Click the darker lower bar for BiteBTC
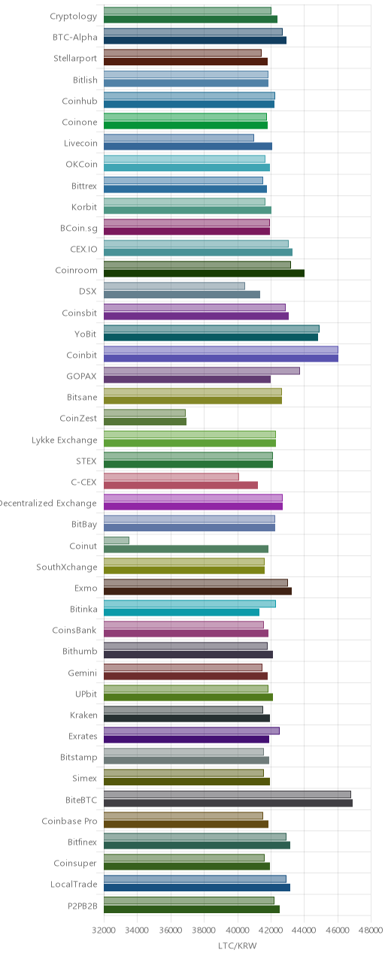pyautogui.click(x=228, y=803)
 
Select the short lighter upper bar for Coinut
pyautogui.click(x=116, y=540)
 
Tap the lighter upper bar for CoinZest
pyautogui.click(x=144, y=413)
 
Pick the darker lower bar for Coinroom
pyautogui.click(x=204, y=273)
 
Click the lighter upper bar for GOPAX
pyautogui.click(x=202, y=371)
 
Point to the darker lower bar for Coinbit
pyautogui.click(x=221, y=358)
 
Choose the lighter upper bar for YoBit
pyautogui.click(x=211, y=328)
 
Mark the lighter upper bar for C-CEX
pyautogui.click(x=171, y=476)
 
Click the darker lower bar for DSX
pyautogui.click(x=181, y=295)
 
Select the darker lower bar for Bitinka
pyautogui.click(x=181, y=613)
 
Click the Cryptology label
pyautogui.click(x=73, y=17)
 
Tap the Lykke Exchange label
pyautogui.click(x=64, y=440)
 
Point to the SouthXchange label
pyautogui.click(x=67, y=567)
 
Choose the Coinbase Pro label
pyautogui.click(x=69, y=821)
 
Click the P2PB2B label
pyautogui.click(x=82, y=906)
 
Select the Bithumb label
pyautogui.click(x=80, y=651)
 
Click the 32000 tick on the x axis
pyautogui.click(x=104, y=930)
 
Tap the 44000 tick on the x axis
pyautogui.click(x=304, y=930)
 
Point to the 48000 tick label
pyautogui.click(x=371, y=930)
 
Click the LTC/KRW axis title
pyautogui.click(x=238, y=945)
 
